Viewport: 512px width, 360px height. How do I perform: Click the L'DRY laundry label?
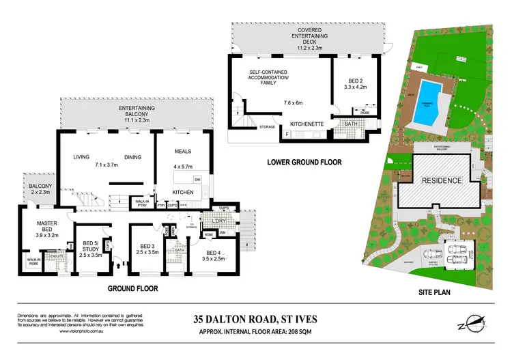[219, 223]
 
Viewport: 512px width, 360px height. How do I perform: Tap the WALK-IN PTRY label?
[143, 202]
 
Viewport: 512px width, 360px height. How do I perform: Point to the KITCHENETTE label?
[304, 124]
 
